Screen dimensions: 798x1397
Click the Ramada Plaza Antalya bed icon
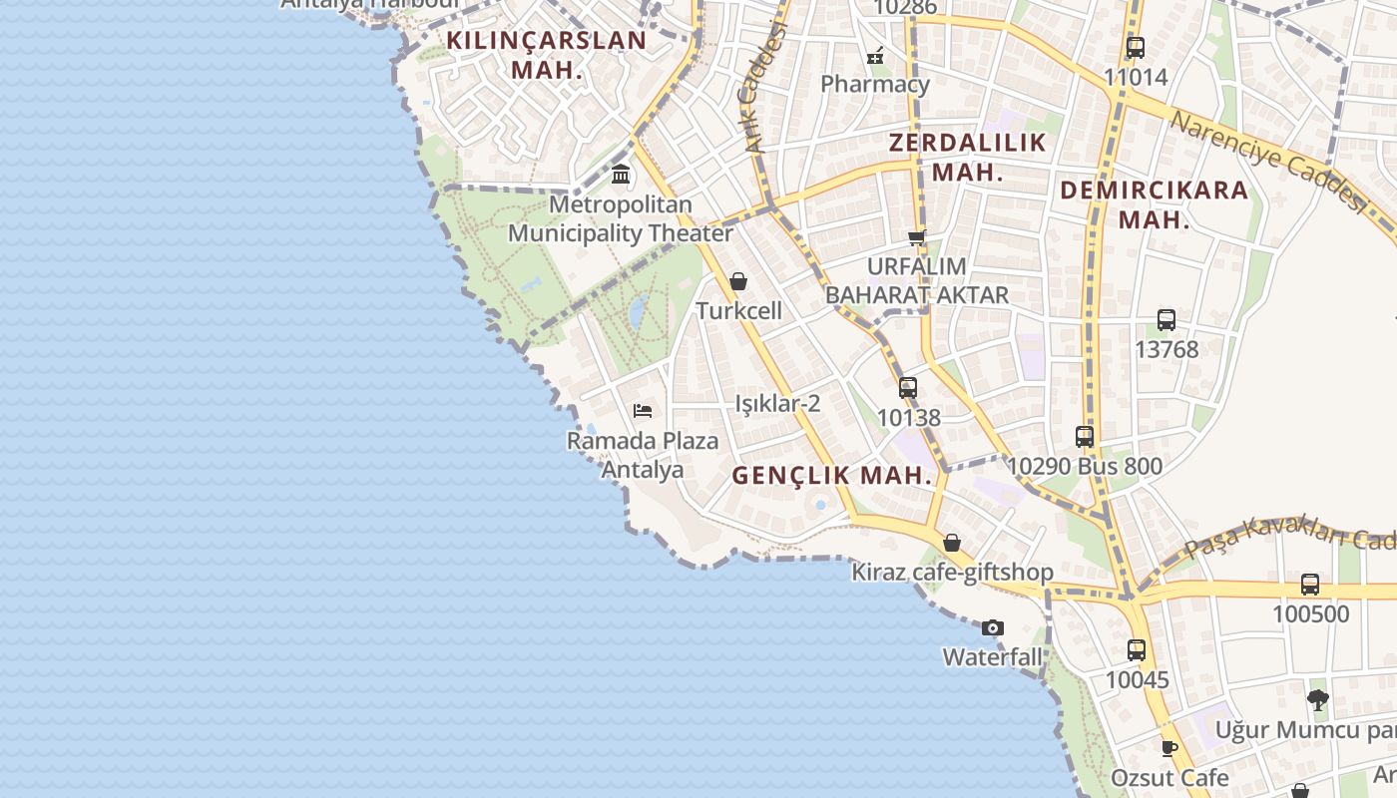pos(643,410)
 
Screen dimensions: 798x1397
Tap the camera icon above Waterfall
pos(992,627)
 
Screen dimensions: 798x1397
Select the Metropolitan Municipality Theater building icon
pos(621,175)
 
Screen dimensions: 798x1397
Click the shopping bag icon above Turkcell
pos(738,281)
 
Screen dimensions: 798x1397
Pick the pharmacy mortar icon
pos(875,55)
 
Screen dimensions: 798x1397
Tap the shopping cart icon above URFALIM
pos(917,237)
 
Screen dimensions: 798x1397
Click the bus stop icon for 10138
pos(908,388)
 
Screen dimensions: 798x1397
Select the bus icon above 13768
pos(1165,320)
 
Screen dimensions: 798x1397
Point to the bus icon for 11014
pos(1135,47)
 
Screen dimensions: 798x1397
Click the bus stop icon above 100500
pos(1310,585)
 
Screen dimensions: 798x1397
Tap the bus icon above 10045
pos(1136,650)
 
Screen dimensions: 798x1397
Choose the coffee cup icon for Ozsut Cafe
pos(1169,747)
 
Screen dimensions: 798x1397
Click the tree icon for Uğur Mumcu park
pos(1317,699)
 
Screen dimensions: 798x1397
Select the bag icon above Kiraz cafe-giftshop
pos(952,543)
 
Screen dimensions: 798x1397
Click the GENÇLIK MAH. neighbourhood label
pos(832,476)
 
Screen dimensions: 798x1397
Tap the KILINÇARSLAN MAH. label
pos(547,55)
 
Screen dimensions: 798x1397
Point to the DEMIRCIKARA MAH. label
pos(1155,204)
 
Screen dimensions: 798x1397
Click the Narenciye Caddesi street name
pos(1267,160)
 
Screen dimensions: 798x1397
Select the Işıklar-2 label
pos(777,403)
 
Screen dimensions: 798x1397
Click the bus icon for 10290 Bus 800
pos(1085,437)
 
